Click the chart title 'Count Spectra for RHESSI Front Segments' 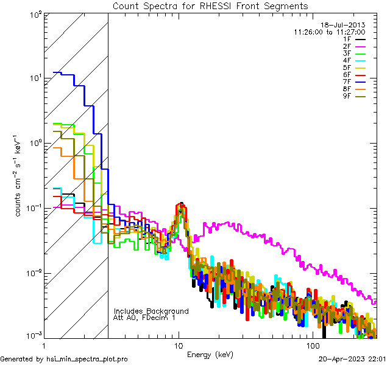point(210,6)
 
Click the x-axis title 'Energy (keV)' point(210,354)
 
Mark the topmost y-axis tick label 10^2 point(34,15)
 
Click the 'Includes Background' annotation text point(151,311)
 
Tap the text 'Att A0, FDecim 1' point(144,318)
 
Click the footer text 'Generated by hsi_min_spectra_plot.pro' point(64,359)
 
